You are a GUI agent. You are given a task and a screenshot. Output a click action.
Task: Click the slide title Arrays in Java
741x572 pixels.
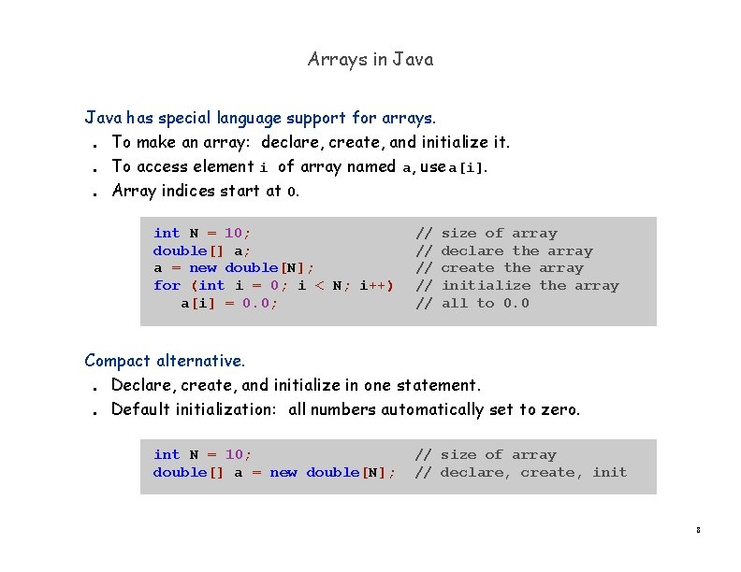coord(370,60)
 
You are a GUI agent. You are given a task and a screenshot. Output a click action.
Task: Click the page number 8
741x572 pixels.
coord(698,531)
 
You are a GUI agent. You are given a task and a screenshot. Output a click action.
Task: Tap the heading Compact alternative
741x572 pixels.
coord(165,360)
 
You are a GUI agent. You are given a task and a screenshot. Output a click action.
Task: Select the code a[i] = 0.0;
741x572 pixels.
coord(229,303)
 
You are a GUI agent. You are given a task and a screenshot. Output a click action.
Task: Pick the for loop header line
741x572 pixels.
coord(273,285)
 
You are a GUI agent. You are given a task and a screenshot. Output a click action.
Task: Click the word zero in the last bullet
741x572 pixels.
coord(559,409)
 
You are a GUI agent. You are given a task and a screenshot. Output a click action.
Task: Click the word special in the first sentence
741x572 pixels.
coord(185,118)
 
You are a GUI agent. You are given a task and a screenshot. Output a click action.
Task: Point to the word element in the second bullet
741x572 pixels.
coord(223,166)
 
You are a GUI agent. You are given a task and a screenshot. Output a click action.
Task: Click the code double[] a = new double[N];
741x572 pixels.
coord(274,472)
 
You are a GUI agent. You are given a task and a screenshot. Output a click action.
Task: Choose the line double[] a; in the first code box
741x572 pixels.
coord(201,250)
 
